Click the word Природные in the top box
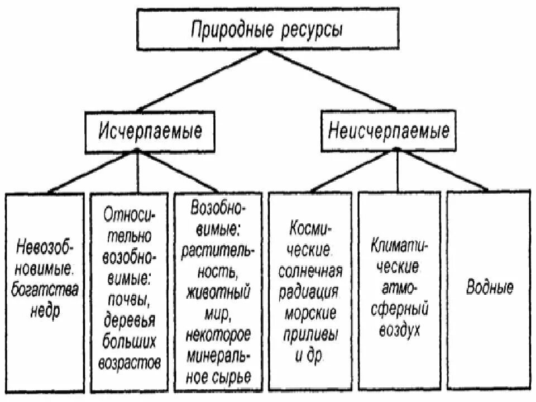coord(228,29)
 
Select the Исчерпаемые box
coord(151,132)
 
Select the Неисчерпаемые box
coord(389,132)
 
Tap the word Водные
coord(490,289)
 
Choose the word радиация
coord(310,293)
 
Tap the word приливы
coord(310,334)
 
